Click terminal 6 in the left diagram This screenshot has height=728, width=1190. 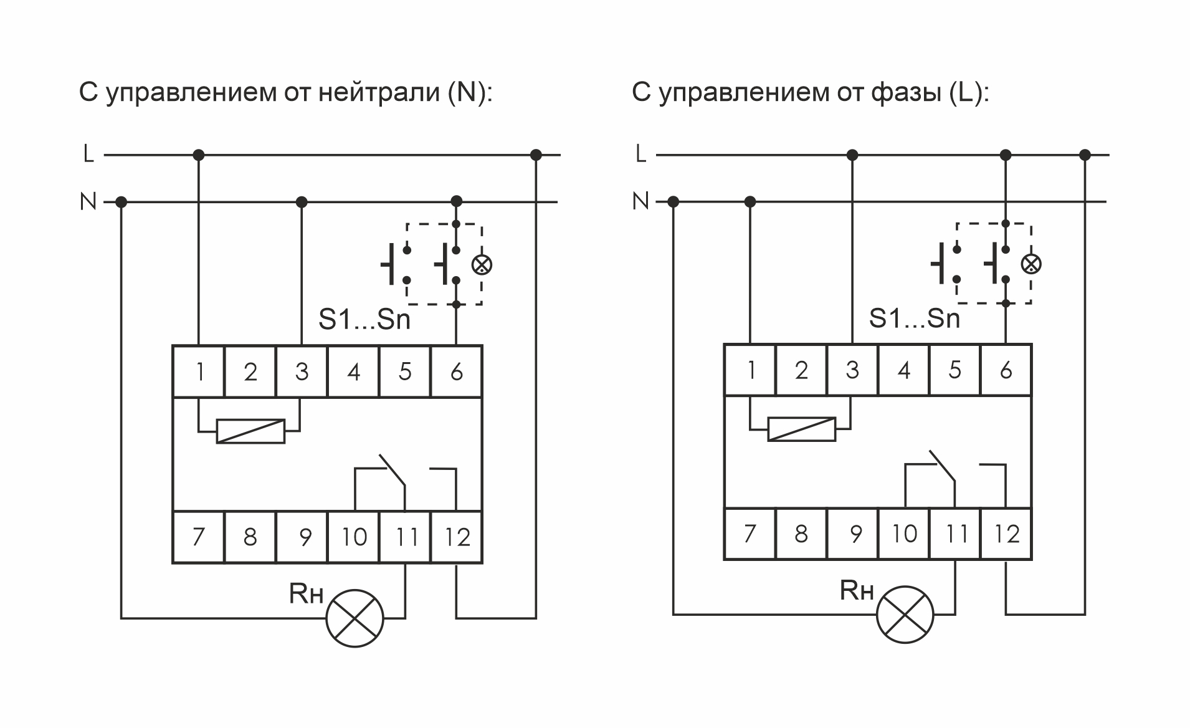456,371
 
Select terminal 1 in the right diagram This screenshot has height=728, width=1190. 750,370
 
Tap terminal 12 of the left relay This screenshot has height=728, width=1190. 457,537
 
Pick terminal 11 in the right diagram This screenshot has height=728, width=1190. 955,534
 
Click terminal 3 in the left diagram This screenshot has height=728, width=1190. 302,371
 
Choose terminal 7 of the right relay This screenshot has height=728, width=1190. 750,534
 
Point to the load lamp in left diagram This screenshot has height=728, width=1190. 355,618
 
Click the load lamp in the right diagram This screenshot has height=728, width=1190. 905,615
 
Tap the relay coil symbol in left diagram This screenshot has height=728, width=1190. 250,431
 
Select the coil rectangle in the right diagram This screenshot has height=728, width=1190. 801,429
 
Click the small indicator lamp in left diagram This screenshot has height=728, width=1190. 482,265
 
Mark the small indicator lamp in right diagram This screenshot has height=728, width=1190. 1031,264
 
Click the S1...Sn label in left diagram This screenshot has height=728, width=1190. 364,320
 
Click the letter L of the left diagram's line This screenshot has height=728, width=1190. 88,153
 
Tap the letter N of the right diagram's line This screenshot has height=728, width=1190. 640,201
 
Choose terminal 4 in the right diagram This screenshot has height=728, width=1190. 904,370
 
